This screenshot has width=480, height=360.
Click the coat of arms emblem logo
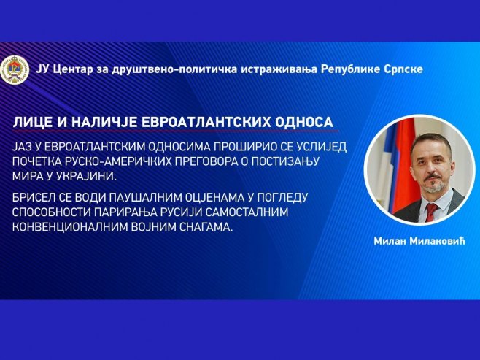(18, 68)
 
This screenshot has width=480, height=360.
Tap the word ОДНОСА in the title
(302, 121)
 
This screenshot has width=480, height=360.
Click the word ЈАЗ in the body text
(24, 147)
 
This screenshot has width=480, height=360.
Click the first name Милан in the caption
(388, 242)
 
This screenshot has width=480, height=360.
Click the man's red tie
(431, 212)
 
